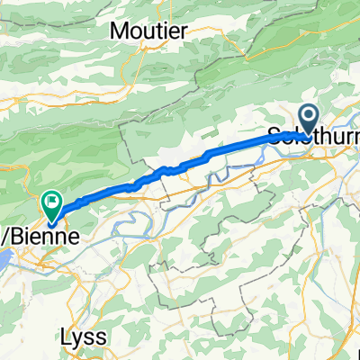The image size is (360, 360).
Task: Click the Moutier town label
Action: pos(148,31)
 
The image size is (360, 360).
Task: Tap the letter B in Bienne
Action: pos(20,235)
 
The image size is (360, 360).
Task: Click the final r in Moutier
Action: pos(184,31)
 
